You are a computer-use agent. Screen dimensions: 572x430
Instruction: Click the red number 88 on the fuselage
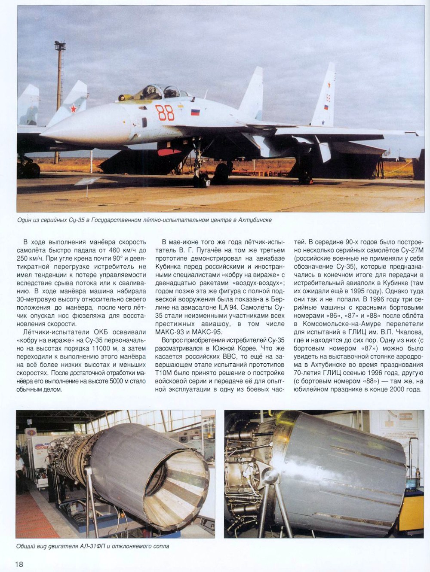165,113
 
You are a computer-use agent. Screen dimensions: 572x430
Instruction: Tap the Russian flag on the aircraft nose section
195,112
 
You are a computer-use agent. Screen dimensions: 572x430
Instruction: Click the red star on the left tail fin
74,109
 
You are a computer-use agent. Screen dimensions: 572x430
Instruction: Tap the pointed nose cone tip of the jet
42,134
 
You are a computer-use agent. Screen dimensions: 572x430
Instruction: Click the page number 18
19,564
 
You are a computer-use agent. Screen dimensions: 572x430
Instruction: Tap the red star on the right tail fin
329,85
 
